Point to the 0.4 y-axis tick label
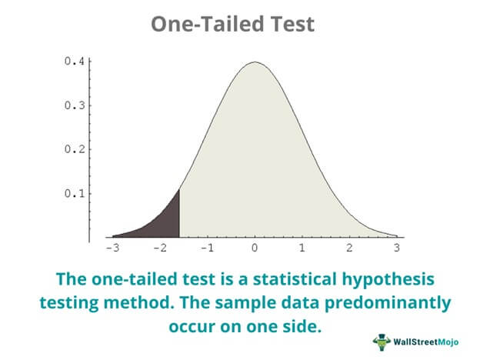pyautogui.click(x=74, y=62)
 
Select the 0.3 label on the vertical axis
pyautogui.click(x=74, y=105)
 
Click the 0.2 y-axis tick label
pyautogui.click(x=74, y=149)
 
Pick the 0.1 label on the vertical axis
pyautogui.click(x=74, y=194)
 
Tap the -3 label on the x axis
pyautogui.click(x=112, y=248)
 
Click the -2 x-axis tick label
pyautogui.click(x=160, y=248)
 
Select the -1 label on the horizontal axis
pyautogui.click(x=207, y=248)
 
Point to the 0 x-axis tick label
pyautogui.click(x=255, y=248)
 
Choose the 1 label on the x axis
pyautogui.click(x=302, y=248)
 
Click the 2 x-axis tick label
pyautogui.click(x=349, y=248)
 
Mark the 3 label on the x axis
pyautogui.click(x=397, y=248)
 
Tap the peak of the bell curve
pyautogui.click(x=255, y=62)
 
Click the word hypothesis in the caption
pyautogui.click(x=388, y=280)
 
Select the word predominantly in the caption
pyautogui.click(x=388, y=303)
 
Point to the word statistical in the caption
pyautogui.click(x=295, y=279)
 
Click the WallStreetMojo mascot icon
pyautogui.click(x=382, y=342)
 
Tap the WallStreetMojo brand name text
pyautogui.click(x=426, y=342)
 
